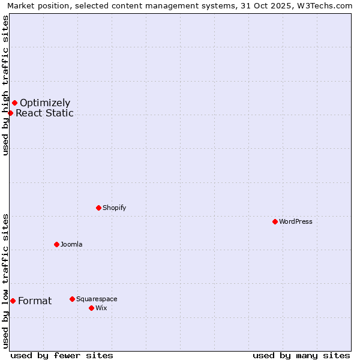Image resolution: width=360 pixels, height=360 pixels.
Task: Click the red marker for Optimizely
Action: pos(14,103)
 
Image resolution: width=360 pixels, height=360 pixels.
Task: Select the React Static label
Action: pos(44,113)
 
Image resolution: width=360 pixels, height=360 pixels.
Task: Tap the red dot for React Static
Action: pos(10,113)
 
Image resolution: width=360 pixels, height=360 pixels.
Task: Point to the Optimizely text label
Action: pos(45,103)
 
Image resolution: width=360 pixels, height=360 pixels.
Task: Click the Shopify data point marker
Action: pos(98,208)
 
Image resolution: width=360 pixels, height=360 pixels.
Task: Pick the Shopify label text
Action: pos(114,208)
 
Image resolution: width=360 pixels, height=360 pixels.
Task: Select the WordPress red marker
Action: pos(275,221)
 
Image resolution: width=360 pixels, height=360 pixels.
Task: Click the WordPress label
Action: pos(295,222)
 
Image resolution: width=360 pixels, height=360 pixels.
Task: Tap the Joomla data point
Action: pos(56,244)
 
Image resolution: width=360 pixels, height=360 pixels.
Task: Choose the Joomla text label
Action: pos(71,245)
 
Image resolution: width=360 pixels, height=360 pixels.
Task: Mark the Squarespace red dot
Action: pos(72,299)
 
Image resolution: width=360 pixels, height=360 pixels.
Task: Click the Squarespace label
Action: pos(97,299)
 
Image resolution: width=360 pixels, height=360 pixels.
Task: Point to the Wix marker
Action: pos(91,308)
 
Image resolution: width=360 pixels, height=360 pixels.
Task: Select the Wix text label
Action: pos(101,308)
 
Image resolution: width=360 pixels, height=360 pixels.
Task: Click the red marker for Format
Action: pos(13,301)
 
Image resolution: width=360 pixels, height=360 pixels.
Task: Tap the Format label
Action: pos(35,301)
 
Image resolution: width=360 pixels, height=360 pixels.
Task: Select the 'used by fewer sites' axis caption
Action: pos(62,355)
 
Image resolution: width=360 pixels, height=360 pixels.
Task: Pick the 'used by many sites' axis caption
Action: pos(301,355)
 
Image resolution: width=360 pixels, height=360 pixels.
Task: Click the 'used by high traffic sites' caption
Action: pos(5,85)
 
